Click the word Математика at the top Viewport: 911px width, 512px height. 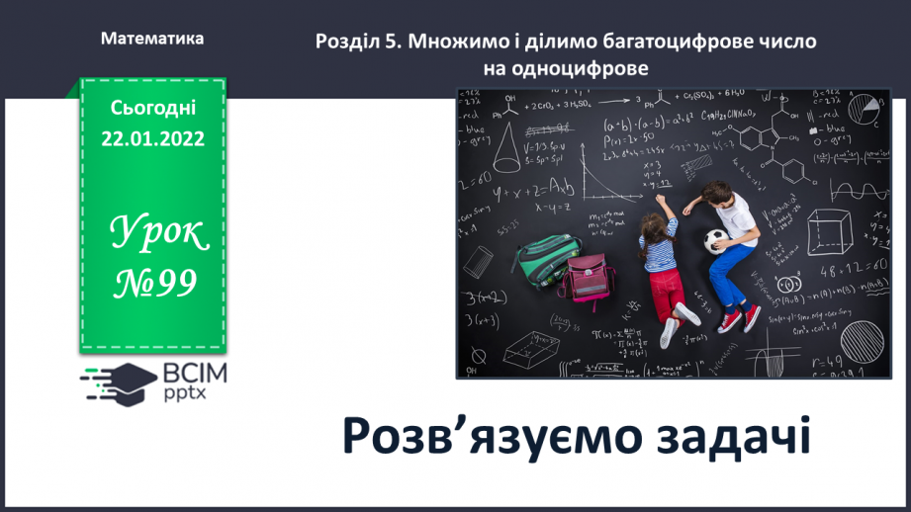152,39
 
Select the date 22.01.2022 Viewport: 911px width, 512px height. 152,138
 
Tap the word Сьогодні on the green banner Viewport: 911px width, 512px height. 152,108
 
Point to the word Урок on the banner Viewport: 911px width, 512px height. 158,233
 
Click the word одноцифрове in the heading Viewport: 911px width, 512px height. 566,68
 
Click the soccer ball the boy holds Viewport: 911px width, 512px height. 715,241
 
